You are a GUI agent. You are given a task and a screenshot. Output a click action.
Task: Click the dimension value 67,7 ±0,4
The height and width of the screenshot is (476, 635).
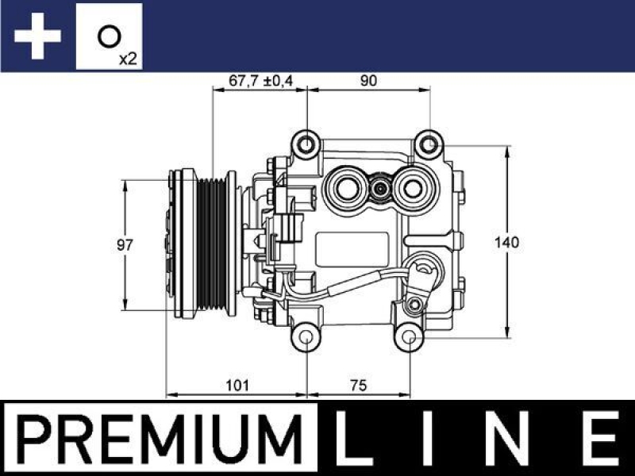click(x=261, y=80)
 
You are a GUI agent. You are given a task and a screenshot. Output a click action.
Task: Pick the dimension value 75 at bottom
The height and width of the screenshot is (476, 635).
click(x=358, y=386)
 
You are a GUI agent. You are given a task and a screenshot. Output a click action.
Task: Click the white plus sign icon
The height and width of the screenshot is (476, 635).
click(x=37, y=36)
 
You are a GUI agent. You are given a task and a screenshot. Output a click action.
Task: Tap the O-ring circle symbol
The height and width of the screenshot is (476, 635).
click(x=109, y=35)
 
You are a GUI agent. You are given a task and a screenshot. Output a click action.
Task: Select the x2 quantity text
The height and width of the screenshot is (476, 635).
click(x=126, y=58)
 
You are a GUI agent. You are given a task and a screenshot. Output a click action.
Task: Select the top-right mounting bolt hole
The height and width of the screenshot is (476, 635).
click(x=429, y=144)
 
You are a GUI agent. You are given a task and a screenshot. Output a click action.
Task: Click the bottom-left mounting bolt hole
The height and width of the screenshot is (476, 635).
click(x=306, y=339)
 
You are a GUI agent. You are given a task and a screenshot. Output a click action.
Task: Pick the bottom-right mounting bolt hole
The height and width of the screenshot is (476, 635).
click(x=409, y=339)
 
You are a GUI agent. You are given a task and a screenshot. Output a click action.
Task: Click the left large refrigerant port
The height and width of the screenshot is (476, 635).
click(x=347, y=187)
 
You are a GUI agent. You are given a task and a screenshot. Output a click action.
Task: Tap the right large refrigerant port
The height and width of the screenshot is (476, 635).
click(x=414, y=187)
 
